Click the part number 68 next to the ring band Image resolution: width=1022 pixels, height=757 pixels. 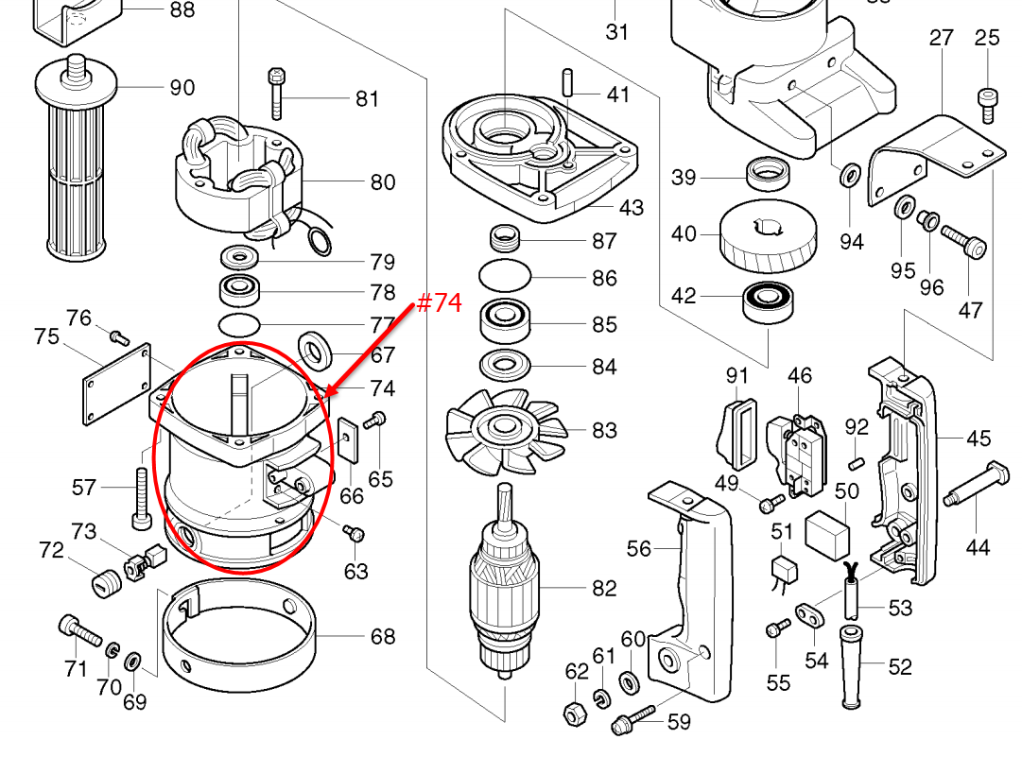382,637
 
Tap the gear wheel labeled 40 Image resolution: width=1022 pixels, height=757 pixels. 769,236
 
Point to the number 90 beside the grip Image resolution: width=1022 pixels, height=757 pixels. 182,88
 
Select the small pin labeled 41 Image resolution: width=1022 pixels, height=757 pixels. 567,80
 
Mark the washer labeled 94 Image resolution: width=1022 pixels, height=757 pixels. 849,175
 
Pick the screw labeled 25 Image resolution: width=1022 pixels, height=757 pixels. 987,103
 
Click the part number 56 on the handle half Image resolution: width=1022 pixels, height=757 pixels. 639,549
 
